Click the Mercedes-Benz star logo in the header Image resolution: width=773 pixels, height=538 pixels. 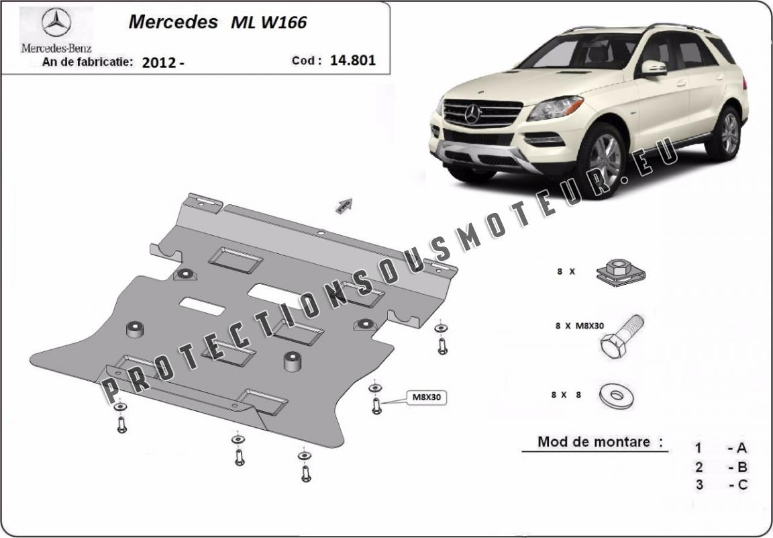(x=56, y=22)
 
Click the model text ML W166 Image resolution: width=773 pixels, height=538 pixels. (x=268, y=23)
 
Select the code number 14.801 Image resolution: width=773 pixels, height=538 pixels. (x=352, y=60)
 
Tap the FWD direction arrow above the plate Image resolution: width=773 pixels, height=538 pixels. (x=344, y=206)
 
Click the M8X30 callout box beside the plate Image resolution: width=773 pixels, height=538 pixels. (x=426, y=398)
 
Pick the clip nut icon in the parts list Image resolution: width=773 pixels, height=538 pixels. (x=621, y=273)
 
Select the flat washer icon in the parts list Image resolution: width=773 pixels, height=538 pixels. (x=616, y=396)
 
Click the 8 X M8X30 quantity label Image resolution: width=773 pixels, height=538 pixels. (x=579, y=326)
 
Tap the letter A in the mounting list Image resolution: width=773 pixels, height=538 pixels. (x=741, y=448)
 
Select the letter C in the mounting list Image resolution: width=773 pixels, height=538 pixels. (x=742, y=485)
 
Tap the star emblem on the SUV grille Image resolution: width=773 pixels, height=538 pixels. (x=472, y=114)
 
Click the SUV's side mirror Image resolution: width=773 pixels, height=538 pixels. (x=653, y=69)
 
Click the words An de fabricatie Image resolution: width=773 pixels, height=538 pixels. (x=87, y=62)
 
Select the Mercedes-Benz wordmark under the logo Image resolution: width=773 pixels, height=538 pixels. (x=56, y=48)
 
